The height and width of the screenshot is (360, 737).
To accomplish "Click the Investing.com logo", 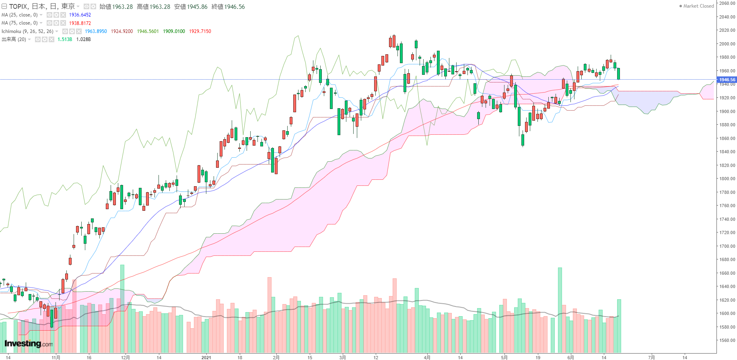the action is pos(29,344).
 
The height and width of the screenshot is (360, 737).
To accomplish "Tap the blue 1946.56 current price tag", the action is pos(727,80).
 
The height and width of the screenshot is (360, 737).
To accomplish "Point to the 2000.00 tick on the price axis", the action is pos(727,44).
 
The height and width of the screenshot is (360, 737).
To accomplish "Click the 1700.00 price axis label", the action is pos(727,246).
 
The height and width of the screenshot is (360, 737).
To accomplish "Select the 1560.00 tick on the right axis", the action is pos(727,340).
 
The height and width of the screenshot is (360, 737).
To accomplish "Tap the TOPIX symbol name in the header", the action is pos(19,6).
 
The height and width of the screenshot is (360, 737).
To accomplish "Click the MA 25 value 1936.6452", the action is pos(80,15).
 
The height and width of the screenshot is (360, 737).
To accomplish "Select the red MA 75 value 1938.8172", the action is pos(80,23).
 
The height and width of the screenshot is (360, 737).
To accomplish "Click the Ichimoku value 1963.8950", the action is pos(96,31).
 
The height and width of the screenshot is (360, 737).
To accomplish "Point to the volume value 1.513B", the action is pos(65,39).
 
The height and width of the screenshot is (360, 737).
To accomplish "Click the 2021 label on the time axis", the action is pos(206,357).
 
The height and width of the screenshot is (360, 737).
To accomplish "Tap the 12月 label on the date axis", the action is pos(126,357).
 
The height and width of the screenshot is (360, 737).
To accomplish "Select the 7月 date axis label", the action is pos(652,357).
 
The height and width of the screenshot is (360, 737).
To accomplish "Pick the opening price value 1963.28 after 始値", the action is pos(122,7).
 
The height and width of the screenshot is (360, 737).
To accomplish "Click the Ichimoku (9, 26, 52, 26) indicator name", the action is pos(27,31).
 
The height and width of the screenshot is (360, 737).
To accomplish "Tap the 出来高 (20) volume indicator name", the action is pos(14,39).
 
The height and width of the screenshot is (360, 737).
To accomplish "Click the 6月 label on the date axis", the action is pos(570,357).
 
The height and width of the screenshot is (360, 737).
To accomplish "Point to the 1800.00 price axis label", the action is pos(727,179).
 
